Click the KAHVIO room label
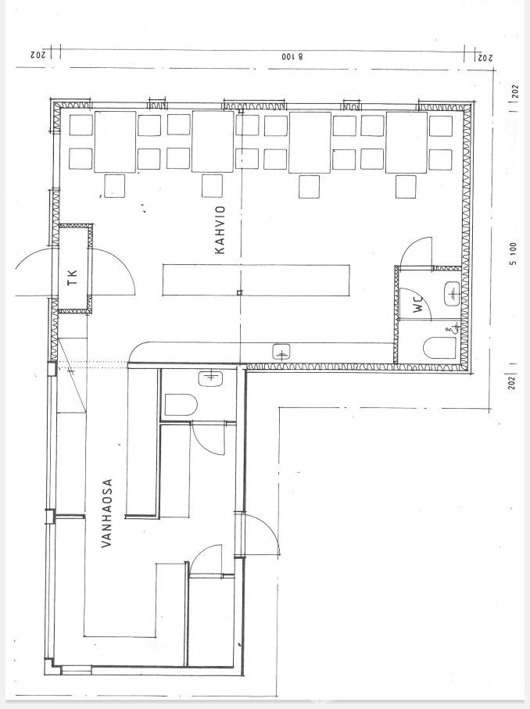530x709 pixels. (x=220, y=230)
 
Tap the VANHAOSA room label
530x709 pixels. (x=107, y=514)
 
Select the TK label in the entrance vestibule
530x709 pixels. (x=73, y=278)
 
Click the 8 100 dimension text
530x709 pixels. (x=292, y=57)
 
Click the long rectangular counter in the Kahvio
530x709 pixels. (x=256, y=281)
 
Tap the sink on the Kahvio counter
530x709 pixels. (x=281, y=353)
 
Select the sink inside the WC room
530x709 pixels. (x=452, y=294)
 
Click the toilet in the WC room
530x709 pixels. (x=439, y=348)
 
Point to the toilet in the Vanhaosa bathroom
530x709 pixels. (x=180, y=405)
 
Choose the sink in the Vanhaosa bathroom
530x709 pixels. (x=210, y=378)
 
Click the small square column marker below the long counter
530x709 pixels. (x=239, y=293)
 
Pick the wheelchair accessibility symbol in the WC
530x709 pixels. (x=453, y=329)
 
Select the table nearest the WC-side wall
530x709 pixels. (x=406, y=142)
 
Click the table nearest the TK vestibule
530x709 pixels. (x=115, y=142)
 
